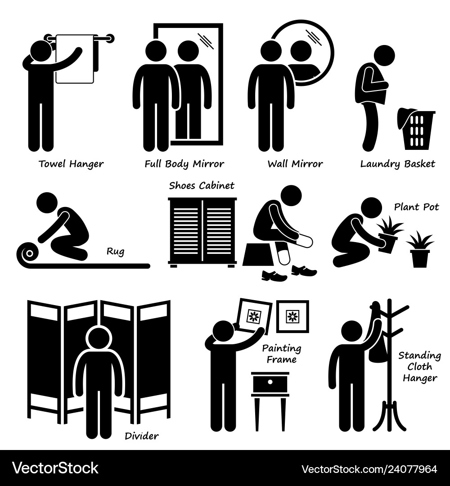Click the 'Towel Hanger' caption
click(x=71, y=164)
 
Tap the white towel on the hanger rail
click(x=75, y=59)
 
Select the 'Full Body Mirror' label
click(x=184, y=164)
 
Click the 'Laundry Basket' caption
click(x=398, y=164)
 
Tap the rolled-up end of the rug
click(x=29, y=254)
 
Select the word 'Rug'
click(x=115, y=252)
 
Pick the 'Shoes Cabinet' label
click(x=202, y=185)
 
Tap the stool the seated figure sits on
click(x=258, y=255)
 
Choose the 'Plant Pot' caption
click(x=416, y=207)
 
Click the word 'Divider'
click(x=142, y=436)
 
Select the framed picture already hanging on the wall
click(x=292, y=316)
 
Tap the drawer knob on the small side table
click(x=270, y=382)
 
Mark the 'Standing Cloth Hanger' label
click(x=420, y=367)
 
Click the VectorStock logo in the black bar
click(x=55, y=468)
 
